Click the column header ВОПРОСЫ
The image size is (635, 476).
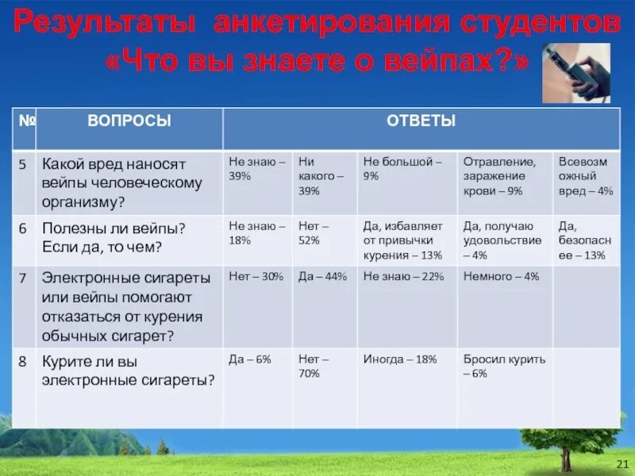129,121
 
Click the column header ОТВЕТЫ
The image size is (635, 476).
421,121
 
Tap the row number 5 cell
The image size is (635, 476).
24,164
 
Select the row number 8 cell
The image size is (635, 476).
24,361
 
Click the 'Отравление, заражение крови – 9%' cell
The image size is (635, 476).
503,175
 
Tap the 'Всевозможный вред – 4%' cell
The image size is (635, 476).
586,175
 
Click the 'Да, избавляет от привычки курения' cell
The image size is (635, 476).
405,240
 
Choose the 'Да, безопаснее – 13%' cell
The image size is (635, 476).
586,240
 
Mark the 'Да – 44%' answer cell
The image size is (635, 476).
322,276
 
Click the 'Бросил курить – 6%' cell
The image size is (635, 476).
503,366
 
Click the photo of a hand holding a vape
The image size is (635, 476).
576,73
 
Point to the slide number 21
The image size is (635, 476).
622,464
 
